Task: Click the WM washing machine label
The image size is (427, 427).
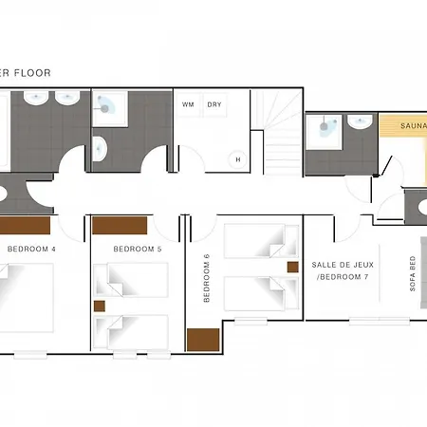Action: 188,104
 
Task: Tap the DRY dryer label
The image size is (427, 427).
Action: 214,104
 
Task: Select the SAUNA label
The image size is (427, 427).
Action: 414,126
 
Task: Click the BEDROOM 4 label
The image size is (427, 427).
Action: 31,249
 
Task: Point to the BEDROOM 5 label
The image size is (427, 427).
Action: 138,249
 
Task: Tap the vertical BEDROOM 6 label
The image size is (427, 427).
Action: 207,278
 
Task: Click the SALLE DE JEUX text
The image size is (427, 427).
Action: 343,265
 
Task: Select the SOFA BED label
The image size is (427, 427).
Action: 413,273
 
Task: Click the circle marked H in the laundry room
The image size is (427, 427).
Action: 238,159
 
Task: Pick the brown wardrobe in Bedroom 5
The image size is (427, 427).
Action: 120,225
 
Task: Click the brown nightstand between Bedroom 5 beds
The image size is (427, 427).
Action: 100,306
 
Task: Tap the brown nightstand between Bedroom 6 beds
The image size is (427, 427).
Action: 293,267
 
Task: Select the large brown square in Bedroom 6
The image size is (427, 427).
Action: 203,340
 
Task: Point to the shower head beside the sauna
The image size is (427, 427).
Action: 324,126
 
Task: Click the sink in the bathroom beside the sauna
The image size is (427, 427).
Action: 360,122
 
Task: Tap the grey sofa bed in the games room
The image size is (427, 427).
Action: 424,272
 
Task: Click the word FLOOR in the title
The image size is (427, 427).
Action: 32,73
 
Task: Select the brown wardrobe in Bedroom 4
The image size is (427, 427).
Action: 25,225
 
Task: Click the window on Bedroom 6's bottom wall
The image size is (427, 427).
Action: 251,322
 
